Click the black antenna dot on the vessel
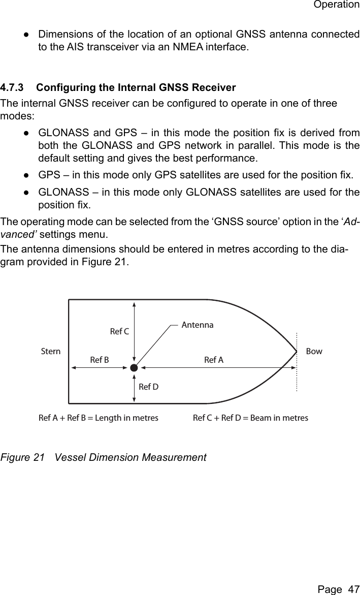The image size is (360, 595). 134,367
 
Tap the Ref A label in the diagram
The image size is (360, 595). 213,360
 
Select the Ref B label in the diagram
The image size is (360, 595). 99,360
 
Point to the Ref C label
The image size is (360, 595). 119,332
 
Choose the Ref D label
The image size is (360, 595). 149,387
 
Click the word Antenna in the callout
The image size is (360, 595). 198,325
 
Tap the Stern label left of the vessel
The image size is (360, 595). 50,351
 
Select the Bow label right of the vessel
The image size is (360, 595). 314,351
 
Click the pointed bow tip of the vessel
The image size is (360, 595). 297,351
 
